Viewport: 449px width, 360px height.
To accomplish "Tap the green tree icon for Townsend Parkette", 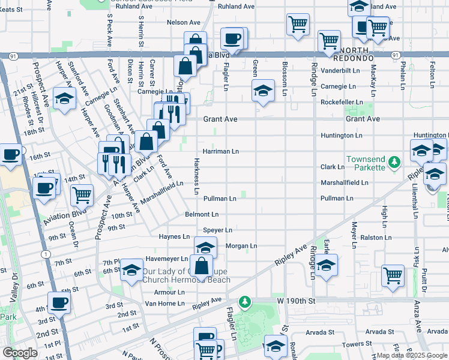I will [394, 162].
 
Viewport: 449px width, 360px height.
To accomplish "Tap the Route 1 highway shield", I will [46, 254].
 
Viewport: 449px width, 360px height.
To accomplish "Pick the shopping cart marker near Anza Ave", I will [393, 276].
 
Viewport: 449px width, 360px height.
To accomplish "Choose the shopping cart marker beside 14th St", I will [82, 194].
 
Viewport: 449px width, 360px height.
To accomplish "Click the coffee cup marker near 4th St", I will [59, 303].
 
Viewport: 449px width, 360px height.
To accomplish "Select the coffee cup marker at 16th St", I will [10, 154].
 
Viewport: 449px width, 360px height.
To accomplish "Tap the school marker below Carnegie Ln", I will [262, 92].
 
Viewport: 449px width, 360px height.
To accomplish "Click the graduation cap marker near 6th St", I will [131, 271].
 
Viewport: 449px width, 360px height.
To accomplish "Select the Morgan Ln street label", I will [241, 246].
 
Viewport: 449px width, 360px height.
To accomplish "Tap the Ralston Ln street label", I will [376, 238].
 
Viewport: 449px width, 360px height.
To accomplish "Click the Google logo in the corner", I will [20, 353].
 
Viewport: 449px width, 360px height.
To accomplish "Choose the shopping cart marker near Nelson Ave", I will [298, 25].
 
